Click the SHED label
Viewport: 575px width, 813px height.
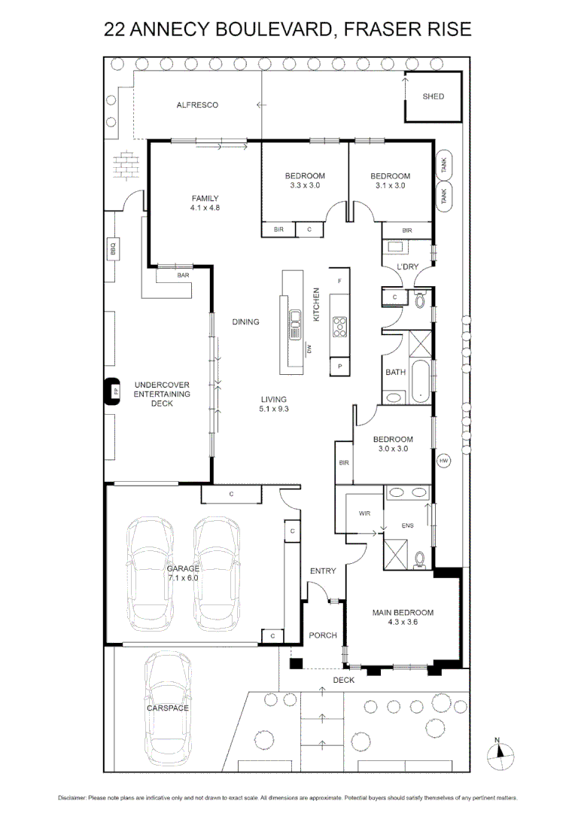[433, 96]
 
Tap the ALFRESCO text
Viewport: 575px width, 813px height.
[197, 105]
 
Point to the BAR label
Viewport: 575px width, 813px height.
[183, 276]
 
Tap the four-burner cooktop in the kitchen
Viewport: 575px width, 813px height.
[340, 326]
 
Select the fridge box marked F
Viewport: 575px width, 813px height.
[340, 281]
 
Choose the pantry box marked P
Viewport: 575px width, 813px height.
[340, 367]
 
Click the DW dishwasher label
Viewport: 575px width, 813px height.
[309, 348]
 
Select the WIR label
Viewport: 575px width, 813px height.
[365, 513]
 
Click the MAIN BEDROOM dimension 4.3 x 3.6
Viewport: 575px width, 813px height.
[403, 623]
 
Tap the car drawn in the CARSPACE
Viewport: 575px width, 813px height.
[168, 707]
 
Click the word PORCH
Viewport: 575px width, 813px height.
[323, 636]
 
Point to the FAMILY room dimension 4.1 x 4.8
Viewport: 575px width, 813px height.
[204, 208]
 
